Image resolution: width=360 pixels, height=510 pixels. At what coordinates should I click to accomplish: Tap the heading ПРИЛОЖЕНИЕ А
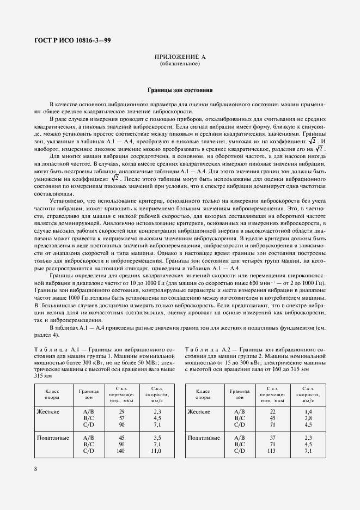click(180, 57)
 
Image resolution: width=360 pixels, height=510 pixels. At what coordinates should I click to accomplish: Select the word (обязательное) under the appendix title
click(180, 64)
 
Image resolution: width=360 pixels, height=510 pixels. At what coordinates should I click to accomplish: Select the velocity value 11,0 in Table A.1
click(156, 451)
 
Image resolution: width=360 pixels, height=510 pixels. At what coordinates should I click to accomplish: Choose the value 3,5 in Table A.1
click(156, 438)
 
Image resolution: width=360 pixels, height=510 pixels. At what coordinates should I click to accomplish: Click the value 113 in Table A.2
click(272, 451)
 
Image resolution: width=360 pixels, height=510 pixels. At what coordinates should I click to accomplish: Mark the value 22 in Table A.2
click(272, 411)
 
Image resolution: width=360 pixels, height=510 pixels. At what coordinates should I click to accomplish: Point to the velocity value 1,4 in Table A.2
click(308, 411)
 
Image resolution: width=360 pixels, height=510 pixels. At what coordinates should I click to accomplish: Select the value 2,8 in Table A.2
click(308, 418)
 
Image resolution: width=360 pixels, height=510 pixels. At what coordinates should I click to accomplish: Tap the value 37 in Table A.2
click(272, 438)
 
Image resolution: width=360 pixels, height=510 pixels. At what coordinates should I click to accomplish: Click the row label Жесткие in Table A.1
click(48, 411)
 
